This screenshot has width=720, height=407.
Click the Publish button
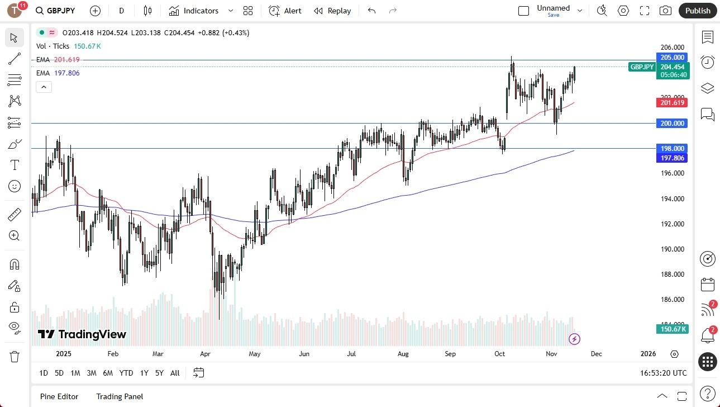(x=698, y=11)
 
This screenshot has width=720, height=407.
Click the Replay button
(x=332, y=11)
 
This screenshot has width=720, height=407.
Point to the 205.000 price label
(x=672, y=57)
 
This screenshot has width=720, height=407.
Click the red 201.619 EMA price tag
(x=672, y=102)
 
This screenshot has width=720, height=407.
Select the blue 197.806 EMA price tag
(x=672, y=158)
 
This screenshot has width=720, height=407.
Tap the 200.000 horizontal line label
(x=672, y=124)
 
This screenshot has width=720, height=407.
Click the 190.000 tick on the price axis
(x=672, y=249)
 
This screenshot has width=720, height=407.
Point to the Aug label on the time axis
(x=403, y=354)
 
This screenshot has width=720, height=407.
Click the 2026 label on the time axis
(x=648, y=354)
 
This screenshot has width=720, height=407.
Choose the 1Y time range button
(x=144, y=373)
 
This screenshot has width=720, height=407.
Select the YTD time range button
(x=126, y=373)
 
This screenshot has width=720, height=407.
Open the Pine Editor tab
(x=59, y=396)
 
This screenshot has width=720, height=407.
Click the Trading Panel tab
(x=120, y=396)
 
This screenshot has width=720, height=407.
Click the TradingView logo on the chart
(x=82, y=334)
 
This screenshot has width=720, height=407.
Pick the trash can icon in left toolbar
(x=15, y=356)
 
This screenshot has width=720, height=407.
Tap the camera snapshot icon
(x=665, y=11)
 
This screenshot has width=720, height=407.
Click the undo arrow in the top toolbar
(x=372, y=11)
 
